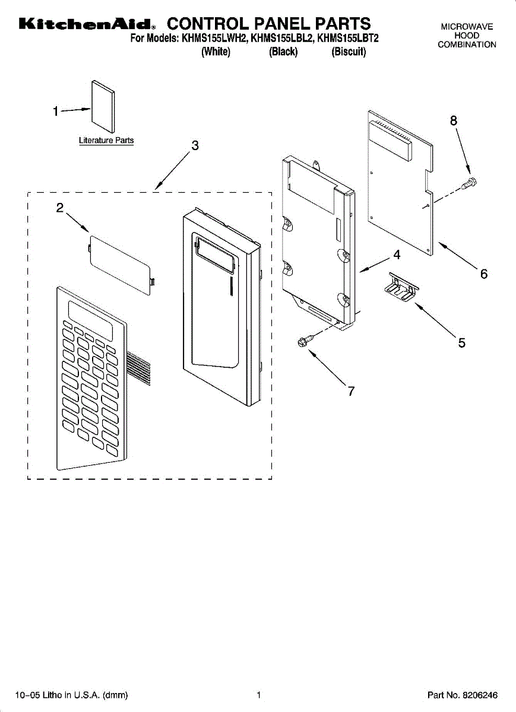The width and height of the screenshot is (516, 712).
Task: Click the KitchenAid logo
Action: (x=87, y=24)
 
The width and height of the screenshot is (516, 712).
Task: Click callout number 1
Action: (x=55, y=111)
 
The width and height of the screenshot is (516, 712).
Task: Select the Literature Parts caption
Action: (x=106, y=141)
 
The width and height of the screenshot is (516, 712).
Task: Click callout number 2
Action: (x=59, y=208)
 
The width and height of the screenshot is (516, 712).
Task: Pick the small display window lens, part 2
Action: (x=122, y=263)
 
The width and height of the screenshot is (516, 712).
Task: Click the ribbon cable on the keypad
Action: (x=138, y=367)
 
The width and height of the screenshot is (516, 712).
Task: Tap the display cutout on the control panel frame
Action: (x=212, y=254)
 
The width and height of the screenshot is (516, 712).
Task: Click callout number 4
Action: (x=396, y=255)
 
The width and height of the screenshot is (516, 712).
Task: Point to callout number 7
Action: (x=351, y=391)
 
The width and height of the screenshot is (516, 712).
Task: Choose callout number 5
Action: (x=461, y=342)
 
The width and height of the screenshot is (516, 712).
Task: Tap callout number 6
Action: (x=484, y=274)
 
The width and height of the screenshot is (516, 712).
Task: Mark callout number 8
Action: (x=454, y=120)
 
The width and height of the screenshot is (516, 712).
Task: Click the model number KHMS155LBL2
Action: (x=282, y=39)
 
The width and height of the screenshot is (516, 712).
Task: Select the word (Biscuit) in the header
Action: (x=349, y=52)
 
